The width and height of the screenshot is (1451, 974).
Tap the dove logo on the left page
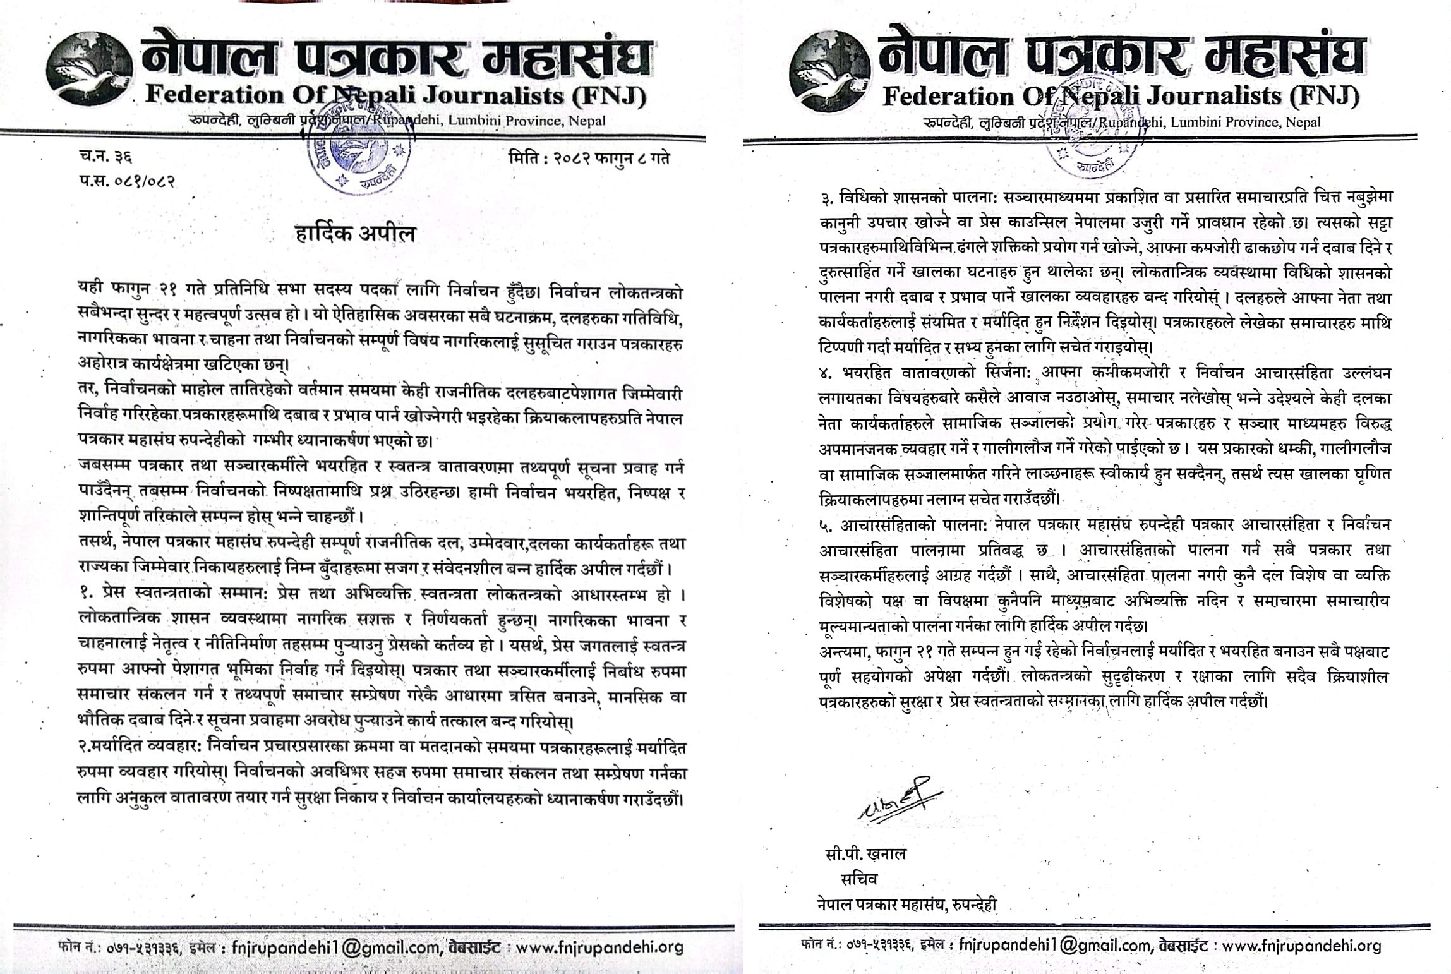pos(90,73)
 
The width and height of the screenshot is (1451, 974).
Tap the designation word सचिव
pos(858,879)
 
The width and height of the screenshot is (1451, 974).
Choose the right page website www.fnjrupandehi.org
pos(1301,946)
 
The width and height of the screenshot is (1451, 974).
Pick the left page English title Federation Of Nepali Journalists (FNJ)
pos(396,96)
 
